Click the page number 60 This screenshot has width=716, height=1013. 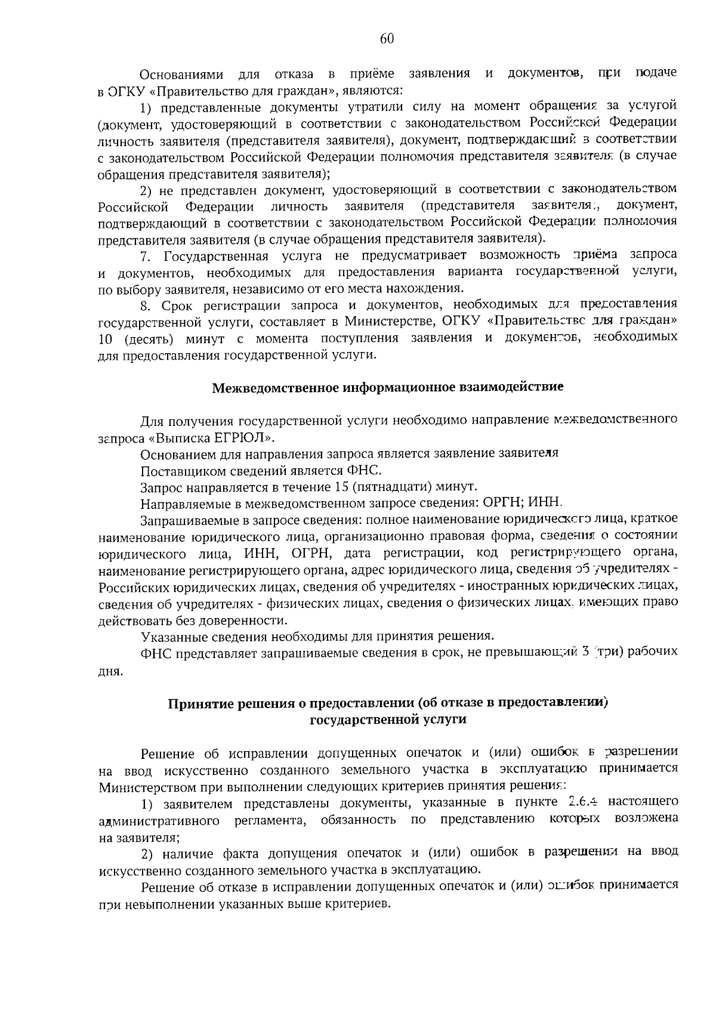[x=387, y=39]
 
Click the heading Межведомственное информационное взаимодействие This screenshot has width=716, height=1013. [x=388, y=387]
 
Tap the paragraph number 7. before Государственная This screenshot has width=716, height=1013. [x=146, y=256]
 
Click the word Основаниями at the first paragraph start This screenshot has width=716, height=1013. [x=181, y=74]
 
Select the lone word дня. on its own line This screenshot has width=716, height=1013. [x=110, y=671]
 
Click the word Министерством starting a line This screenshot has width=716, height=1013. [x=143, y=785]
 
